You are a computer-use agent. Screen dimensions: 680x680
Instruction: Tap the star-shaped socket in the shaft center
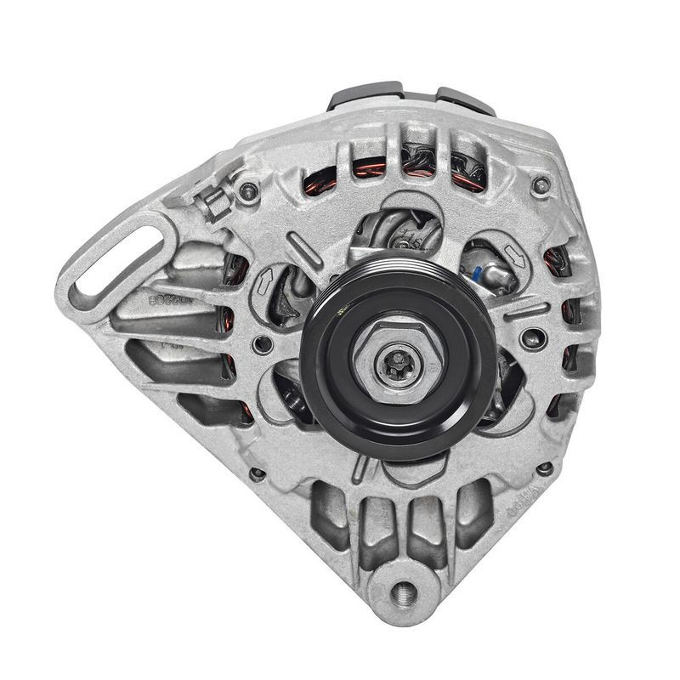[x=398, y=363]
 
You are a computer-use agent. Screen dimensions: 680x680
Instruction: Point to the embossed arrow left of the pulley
[x=265, y=279]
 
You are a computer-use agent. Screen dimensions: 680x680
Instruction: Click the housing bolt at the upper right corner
[x=538, y=184]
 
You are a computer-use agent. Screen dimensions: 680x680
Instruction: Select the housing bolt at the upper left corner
[x=248, y=191]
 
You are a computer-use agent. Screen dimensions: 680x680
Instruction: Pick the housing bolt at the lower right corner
[x=545, y=467]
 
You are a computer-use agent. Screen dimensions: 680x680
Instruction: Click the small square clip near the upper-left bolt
[x=214, y=201]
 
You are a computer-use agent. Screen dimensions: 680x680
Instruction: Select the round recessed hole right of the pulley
[x=533, y=337]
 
